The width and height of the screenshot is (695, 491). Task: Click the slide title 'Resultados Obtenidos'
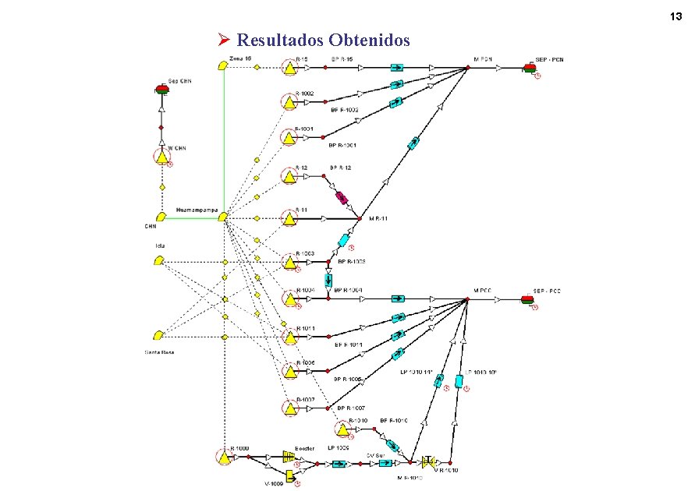tap(323, 39)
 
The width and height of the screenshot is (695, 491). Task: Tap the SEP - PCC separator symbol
tap(528, 298)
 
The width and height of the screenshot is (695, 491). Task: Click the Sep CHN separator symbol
tap(162, 90)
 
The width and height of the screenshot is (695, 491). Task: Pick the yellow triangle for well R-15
tap(289, 69)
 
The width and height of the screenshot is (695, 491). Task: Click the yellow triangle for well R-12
tap(289, 177)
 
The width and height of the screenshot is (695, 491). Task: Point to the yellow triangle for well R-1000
tap(225, 458)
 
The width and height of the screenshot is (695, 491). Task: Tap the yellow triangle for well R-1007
tap(289, 408)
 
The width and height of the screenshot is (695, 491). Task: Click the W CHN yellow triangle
tap(162, 158)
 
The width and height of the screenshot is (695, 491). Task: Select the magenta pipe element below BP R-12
tap(342, 198)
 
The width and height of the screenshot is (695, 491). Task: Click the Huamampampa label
tap(196, 210)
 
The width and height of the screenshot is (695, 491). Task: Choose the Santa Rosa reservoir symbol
tap(159, 336)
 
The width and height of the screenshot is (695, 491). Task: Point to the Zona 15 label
tap(239, 58)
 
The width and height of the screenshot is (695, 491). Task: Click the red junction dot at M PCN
tap(468, 69)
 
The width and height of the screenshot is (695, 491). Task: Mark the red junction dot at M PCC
tap(467, 298)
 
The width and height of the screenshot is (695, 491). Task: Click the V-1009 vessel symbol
tap(289, 475)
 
